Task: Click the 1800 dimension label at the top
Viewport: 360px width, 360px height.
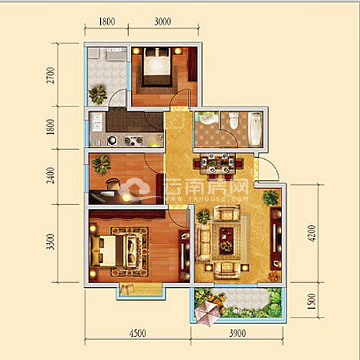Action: (x=107, y=22)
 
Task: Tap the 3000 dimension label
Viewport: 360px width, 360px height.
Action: (x=163, y=22)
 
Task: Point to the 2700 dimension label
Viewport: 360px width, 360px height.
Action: (x=50, y=75)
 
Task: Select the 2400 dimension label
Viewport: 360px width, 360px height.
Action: (x=50, y=176)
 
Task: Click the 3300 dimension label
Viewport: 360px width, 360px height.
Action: (x=50, y=241)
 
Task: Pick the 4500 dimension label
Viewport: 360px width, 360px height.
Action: (x=138, y=333)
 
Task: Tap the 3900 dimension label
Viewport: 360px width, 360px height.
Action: (x=238, y=333)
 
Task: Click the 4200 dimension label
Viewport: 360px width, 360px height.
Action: (x=311, y=233)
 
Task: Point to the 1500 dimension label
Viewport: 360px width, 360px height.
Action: (x=311, y=301)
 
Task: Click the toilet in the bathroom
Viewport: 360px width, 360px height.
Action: (x=233, y=120)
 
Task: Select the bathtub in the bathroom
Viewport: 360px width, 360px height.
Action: (x=255, y=129)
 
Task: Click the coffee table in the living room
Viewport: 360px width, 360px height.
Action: (x=226, y=240)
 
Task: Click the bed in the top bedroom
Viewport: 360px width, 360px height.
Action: (x=157, y=66)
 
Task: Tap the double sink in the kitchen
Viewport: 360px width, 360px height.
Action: (x=97, y=122)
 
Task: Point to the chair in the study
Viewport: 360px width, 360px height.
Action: (x=113, y=184)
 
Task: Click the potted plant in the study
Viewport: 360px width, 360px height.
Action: (x=102, y=164)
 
